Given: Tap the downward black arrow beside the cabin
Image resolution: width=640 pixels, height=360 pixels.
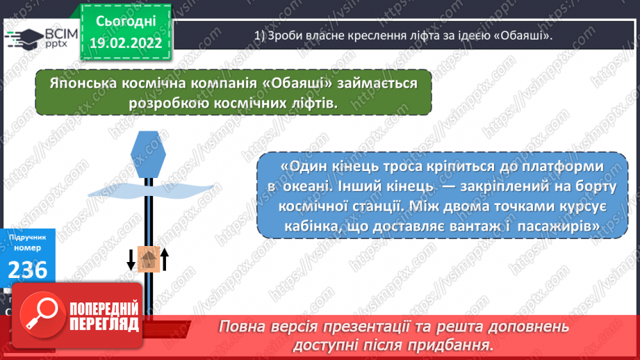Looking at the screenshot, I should click(x=131, y=260).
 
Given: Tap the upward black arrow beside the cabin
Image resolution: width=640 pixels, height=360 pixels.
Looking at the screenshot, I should click(x=165, y=260).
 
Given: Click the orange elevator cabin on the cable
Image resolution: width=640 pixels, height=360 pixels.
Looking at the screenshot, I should click(x=148, y=259).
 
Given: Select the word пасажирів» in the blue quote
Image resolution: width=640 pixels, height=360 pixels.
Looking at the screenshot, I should click(x=558, y=227).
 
